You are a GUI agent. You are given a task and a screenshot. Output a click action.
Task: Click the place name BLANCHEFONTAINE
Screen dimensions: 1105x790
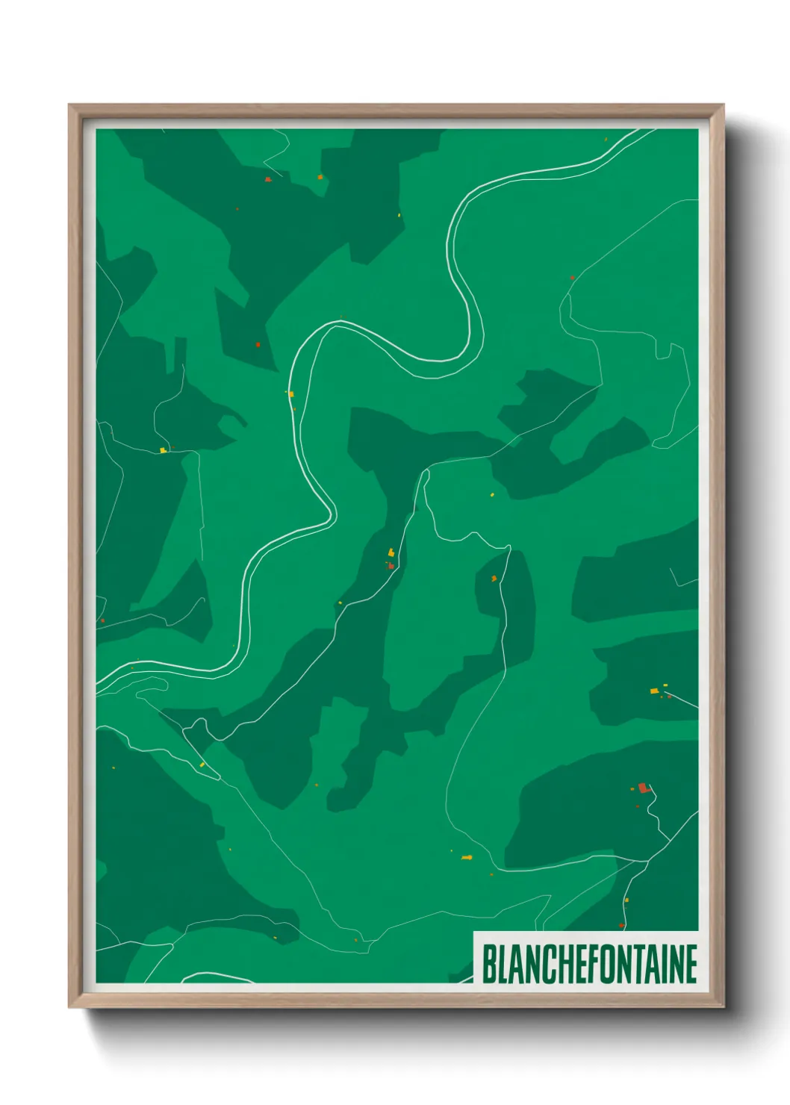pyautogui.click(x=589, y=964)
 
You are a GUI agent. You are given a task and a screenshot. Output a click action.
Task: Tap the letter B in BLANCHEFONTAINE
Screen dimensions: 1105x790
pyautogui.click(x=489, y=965)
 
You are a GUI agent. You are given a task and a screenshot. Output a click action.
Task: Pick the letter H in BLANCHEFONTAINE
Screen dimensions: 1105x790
pyautogui.click(x=560, y=965)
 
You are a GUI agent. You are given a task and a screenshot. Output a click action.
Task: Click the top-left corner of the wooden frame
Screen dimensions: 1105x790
pyautogui.click(x=70, y=105)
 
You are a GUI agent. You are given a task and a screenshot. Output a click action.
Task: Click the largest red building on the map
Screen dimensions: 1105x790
pyautogui.click(x=643, y=788)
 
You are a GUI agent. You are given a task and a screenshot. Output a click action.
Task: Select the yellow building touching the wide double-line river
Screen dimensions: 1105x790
pyautogui.click(x=291, y=393)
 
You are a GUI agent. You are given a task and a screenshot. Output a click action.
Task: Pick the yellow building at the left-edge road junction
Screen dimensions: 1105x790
pyautogui.click(x=162, y=450)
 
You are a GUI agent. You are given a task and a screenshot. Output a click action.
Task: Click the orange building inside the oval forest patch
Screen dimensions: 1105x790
pyautogui.click(x=494, y=578)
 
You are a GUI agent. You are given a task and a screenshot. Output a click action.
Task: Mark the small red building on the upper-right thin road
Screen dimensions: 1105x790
pyautogui.click(x=573, y=278)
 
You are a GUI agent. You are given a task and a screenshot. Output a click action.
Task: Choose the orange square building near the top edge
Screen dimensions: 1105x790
pyautogui.click(x=320, y=177)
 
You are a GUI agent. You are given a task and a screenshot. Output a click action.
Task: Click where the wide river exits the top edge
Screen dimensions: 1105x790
pyautogui.click(x=647, y=131)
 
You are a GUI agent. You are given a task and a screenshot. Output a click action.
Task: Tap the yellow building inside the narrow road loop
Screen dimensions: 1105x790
pyautogui.click(x=202, y=765)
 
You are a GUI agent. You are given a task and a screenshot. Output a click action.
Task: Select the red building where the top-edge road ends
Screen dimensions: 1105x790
pyautogui.click(x=267, y=179)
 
